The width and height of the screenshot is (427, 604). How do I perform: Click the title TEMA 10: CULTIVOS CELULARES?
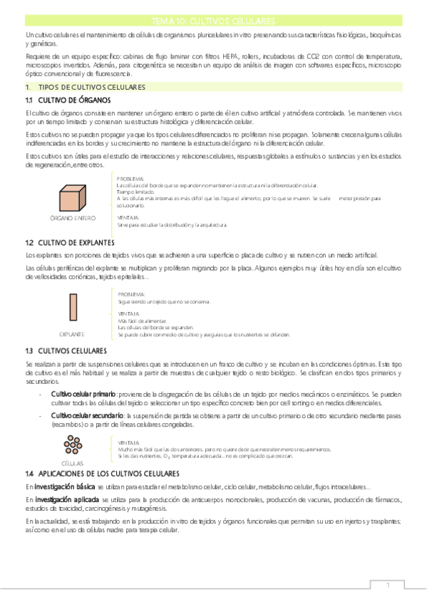(213, 21)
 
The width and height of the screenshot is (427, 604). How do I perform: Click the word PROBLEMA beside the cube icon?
(130, 178)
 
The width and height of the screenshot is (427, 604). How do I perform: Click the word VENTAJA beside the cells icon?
(129, 442)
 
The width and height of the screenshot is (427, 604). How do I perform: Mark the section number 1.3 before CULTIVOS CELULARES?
(30, 350)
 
